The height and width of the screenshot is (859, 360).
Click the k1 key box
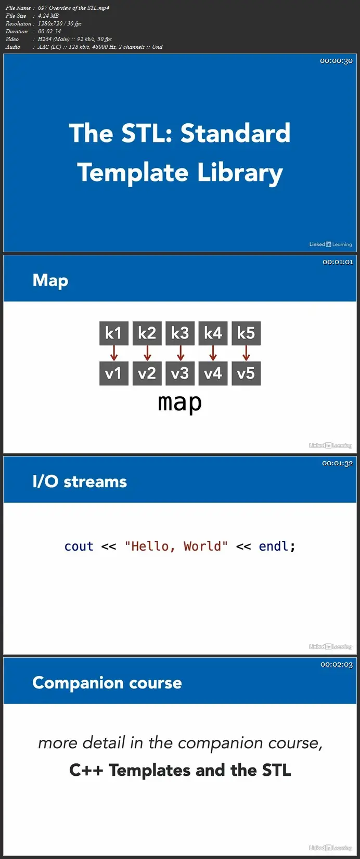[x=113, y=333]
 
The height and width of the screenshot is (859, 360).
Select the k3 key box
[x=180, y=333]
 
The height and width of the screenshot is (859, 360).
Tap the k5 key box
[x=246, y=333]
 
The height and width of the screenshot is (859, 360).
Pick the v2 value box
[x=147, y=373]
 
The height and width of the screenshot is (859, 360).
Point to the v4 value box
[x=213, y=373]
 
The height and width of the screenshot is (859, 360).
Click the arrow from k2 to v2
[x=147, y=353]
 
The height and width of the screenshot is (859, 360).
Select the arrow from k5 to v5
[x=246, y=353]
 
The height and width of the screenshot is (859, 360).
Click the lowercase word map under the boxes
[x=180, y=403]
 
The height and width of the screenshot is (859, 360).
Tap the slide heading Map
[x=50, y=281]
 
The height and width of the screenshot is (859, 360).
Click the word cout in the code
[x=79, y=546]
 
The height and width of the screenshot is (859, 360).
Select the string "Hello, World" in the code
[x=176, y=546]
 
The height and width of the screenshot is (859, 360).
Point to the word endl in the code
[x=274, y=546]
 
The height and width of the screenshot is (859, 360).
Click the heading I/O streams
[x=80, y=481]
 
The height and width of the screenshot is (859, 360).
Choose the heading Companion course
[x=107, y=683]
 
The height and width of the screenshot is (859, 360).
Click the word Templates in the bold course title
[x=150, y=770]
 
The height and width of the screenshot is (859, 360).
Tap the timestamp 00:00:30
[x=336, y=61]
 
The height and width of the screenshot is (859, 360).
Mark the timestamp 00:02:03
[x=337, y=664]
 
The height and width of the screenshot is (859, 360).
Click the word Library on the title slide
[x=240, y=173]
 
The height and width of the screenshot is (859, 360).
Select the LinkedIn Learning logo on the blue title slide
[x=330, y=244]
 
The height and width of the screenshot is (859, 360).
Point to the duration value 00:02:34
[x=49, y=31]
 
